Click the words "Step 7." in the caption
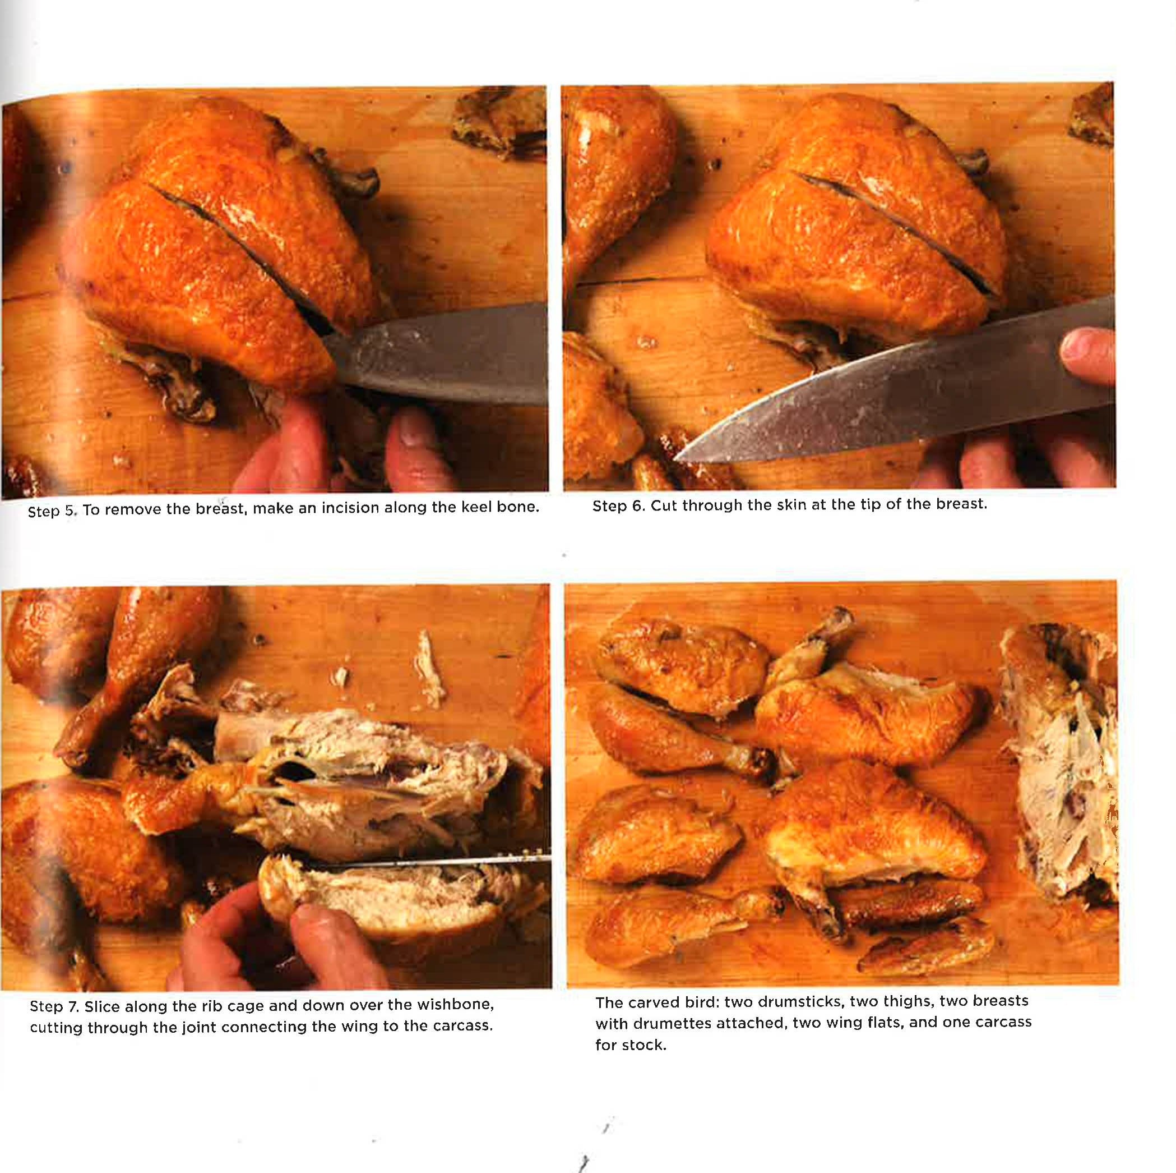pyautogui.click(x=55, y=1007)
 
